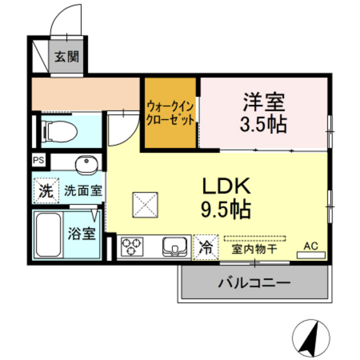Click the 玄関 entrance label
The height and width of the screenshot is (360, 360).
66,57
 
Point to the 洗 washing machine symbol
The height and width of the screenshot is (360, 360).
44,190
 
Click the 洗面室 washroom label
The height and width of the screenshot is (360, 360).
84,190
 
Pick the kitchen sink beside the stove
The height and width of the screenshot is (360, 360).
174,246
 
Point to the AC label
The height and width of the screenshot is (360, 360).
311,246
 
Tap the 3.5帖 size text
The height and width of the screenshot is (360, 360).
264,122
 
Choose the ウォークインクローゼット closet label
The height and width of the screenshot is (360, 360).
170,113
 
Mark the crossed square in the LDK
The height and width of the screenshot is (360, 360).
145,206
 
